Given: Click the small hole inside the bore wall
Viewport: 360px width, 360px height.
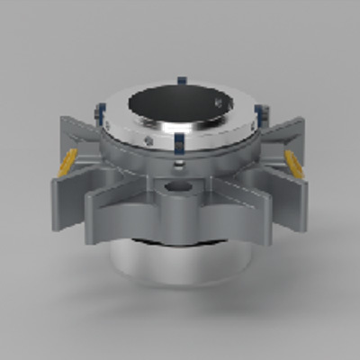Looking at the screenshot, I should click(x=219, y=103).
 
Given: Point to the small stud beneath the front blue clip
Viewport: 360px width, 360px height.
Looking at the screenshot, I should click(x=180, y=163).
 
